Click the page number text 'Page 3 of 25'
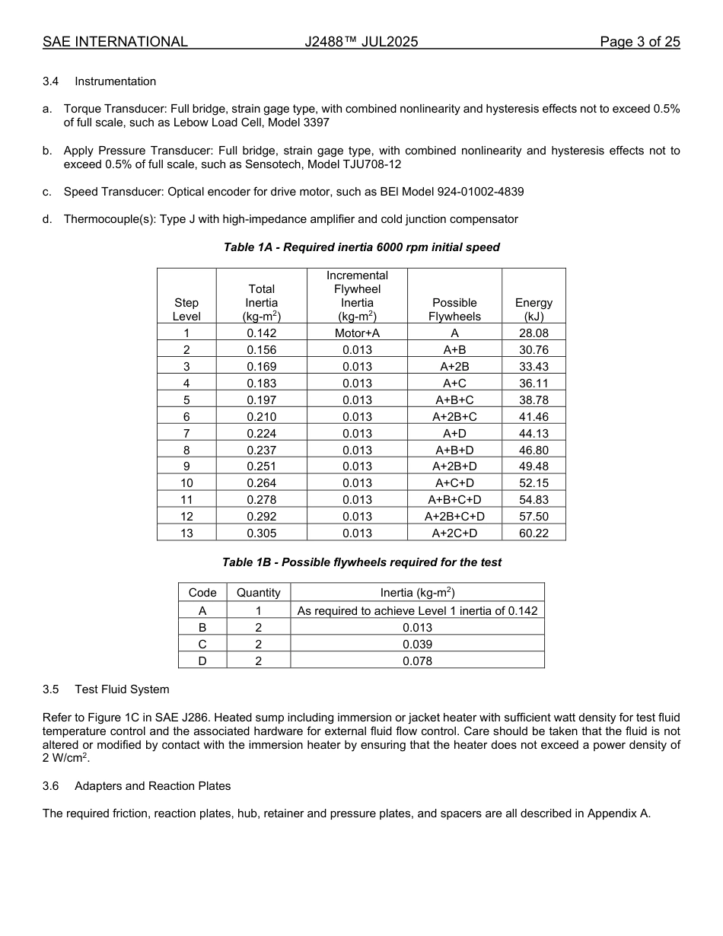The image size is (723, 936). tap(639, 42)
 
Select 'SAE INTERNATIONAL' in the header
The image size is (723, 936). tap(115, 42)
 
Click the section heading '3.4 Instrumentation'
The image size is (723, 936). tap(99, 81)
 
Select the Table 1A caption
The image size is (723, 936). tap(361, 247)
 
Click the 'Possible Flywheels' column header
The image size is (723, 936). tap(454, 309)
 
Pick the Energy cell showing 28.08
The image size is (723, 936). tap(533, 333)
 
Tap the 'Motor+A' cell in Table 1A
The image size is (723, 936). tap(357, 333)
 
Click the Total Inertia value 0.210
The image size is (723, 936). tap(261, 417)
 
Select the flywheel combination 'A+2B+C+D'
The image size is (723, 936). tap(454, 517)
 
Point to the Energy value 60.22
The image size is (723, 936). tap(533, 533)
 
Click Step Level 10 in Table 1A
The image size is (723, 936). tap(186, 483)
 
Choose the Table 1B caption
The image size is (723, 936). tap(361, 562)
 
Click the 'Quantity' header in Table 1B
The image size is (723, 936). tap(259, 593)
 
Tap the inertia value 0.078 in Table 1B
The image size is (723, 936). tap(417, 661)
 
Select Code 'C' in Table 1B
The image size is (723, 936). tap(202, 645)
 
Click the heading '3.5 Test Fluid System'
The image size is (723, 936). tap(106, 689)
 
